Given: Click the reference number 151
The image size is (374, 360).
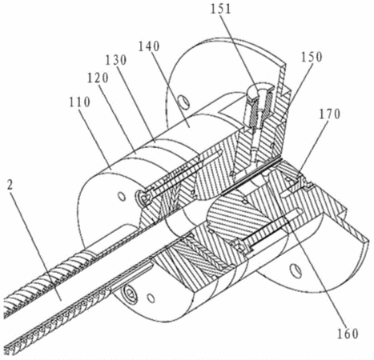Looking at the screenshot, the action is [221, 9].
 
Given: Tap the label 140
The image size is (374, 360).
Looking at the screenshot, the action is [149, 47].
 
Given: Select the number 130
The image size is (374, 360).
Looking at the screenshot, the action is [115, 60].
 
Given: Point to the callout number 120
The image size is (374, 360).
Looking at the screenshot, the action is [98, 78].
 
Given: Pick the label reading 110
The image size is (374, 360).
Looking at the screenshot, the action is [79, 102].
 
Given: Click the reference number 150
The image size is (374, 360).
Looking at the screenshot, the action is [312, 57].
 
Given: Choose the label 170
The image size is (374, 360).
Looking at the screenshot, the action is [330, 114].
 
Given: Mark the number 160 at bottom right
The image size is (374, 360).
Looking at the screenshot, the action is [348, 334].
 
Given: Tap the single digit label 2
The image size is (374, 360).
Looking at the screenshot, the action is [10, 185].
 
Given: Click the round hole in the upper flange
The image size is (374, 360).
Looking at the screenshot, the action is [184, 101].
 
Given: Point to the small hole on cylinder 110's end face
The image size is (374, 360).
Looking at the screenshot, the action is [122, 197].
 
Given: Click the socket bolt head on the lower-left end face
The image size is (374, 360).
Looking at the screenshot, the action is [130, 294].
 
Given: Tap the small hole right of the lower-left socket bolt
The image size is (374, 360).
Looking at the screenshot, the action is [151, 298].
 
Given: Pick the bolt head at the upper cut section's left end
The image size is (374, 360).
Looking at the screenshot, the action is [144, 198].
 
